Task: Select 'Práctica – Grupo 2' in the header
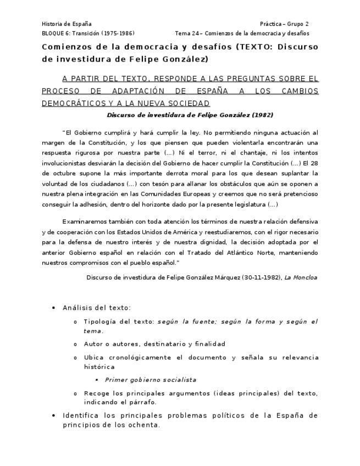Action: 284,24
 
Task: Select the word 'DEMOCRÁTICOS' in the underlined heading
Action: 73,103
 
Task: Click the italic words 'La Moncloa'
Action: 301,278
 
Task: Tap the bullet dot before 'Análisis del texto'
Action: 53,308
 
